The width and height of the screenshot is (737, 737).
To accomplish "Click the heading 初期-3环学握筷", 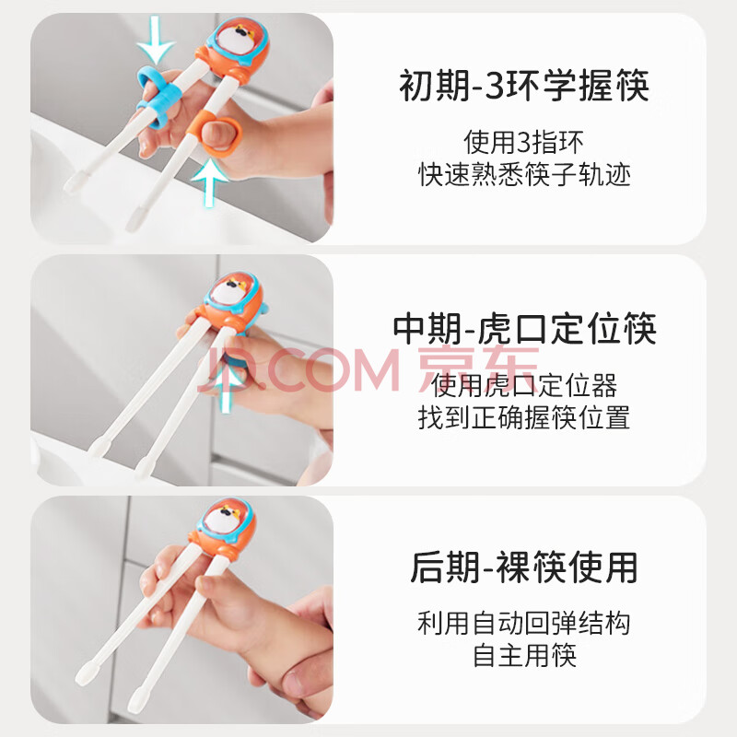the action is point(523,86).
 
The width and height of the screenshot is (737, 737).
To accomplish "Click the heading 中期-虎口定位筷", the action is point(524,328).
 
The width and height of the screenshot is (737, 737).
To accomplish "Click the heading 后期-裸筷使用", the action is point(523,567).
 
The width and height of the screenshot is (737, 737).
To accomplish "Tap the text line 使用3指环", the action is point(523,142).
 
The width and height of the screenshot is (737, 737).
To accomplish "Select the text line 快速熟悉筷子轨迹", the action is point(524,174).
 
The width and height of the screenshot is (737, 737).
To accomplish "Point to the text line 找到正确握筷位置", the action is point(524,417).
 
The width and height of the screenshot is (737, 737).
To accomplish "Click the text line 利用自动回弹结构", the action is point(524,624).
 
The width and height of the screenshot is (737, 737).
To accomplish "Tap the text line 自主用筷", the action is point(524,656).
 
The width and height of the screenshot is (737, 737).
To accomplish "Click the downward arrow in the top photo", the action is point(157,40).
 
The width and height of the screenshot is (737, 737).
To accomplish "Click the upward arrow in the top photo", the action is point(210,183).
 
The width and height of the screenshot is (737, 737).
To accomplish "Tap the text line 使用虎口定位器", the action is point(524,385).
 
